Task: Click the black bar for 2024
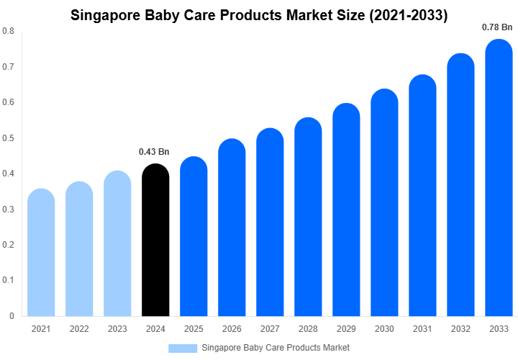[155, 241]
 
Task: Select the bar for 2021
[41, 253]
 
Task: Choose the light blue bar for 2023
[117, 244]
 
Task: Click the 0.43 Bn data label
[154, 152]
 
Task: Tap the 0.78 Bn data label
[497, 27]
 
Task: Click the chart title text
[259, 15]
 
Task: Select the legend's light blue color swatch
[183, 348]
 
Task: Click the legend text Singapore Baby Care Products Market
[276, 348]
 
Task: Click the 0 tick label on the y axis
[12, 316]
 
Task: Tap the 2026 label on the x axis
[232, 329]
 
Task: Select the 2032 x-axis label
[460, 329]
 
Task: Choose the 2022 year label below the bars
[79, 329]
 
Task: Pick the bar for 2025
[194, 237]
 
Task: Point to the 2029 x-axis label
[346, 329]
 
